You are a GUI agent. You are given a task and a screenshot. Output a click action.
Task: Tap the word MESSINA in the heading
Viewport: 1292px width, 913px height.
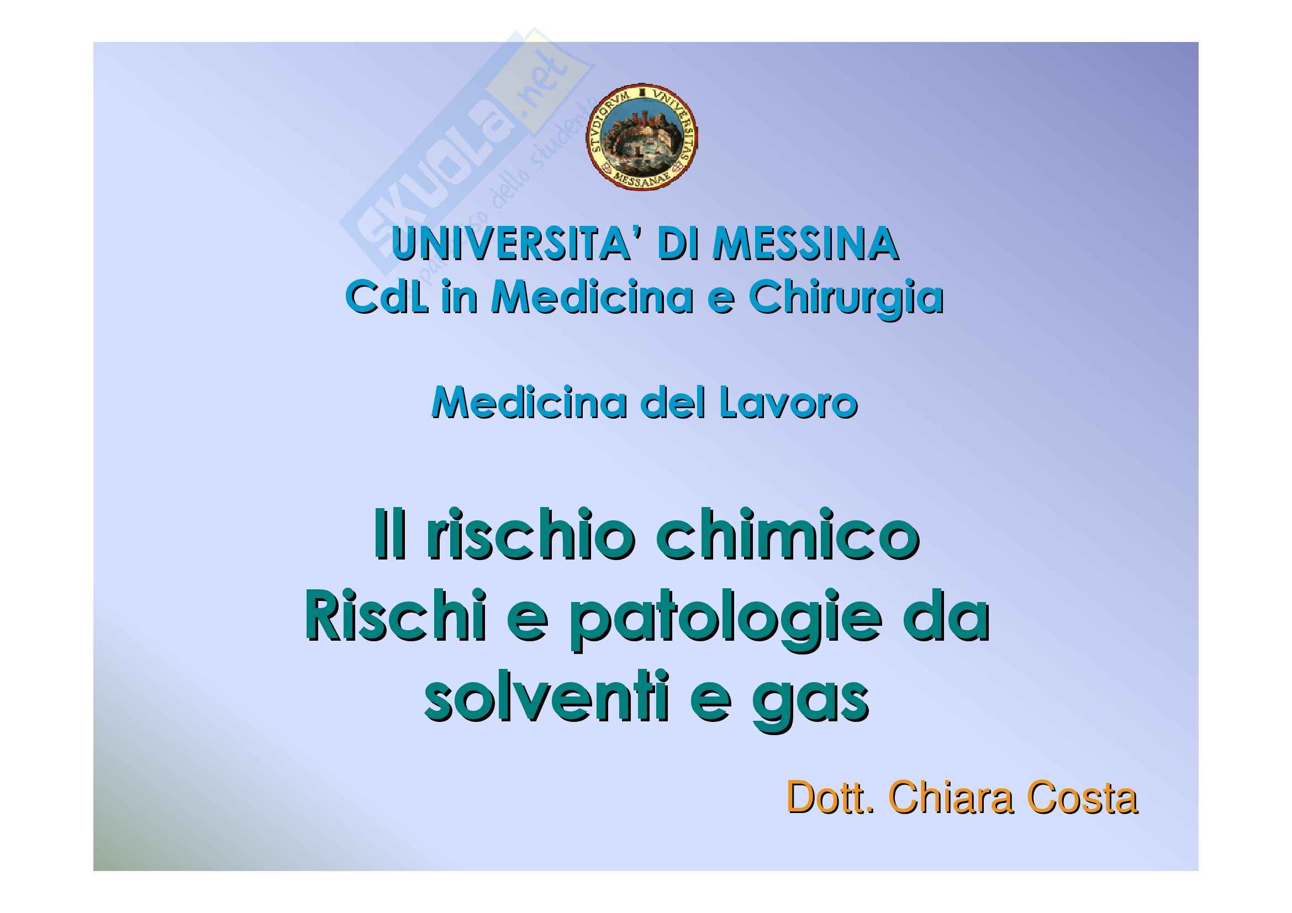(805, 244)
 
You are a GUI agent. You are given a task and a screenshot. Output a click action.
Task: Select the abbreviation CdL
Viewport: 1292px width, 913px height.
(387, 297)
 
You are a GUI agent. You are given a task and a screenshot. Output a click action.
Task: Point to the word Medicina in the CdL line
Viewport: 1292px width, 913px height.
(592, 297)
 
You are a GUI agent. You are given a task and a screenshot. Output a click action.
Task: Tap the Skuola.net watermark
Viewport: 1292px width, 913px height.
(467, 152)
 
